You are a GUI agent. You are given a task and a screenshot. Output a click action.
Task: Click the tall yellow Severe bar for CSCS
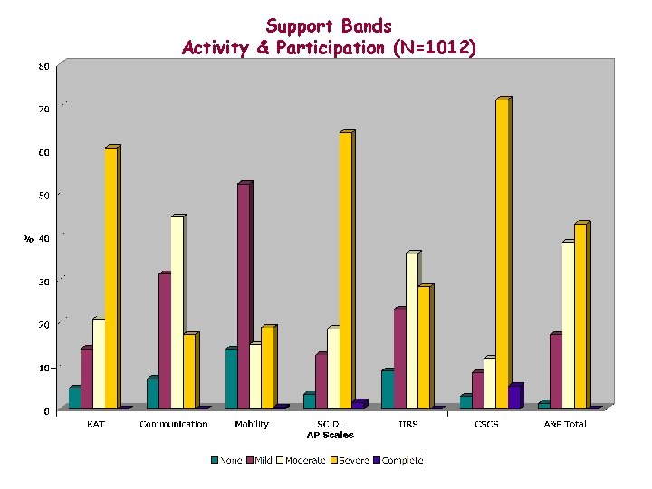[x=502, y=254]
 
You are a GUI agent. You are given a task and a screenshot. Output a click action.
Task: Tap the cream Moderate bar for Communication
[x=177, y=312]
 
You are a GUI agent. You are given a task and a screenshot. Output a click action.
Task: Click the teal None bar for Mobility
[x=230, y=379]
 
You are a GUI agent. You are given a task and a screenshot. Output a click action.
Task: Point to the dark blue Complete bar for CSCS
[x=513, y=398]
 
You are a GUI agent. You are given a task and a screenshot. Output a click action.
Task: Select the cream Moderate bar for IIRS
[x=412, y=331]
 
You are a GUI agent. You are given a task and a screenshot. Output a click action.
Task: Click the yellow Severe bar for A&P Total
[x=580, y=316]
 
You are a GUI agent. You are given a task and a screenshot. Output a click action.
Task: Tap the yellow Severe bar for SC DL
[x=345, y=271]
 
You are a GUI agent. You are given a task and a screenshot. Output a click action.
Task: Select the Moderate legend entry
[x=302, y=460]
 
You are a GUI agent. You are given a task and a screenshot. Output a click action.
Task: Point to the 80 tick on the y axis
[x=43, y=66]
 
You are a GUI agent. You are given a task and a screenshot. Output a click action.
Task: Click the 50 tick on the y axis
[x=43, y=196]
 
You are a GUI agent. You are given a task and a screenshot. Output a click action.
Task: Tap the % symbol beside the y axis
[x=28, y=239]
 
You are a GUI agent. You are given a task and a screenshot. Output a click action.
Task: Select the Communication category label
[x=173, y=424]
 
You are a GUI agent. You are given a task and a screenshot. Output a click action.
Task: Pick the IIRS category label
[x=408, y=424]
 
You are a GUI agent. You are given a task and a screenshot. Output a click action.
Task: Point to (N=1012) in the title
[x=427, y=47]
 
